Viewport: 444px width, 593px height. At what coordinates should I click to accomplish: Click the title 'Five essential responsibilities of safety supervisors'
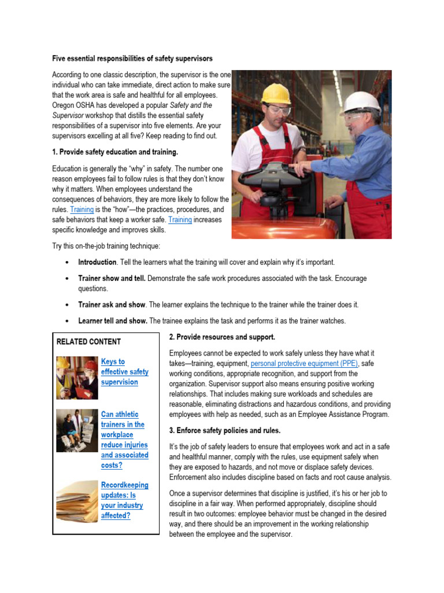pyautogui.click(x=132, y=58)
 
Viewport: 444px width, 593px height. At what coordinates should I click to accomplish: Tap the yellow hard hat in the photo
pyautogui.click(x=275, y=94)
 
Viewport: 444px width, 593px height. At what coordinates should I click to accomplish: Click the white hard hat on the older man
pyautogui.click(x=362, y=103)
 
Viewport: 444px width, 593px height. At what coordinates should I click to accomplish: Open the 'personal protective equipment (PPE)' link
pyautogui.click(x=305, y=364)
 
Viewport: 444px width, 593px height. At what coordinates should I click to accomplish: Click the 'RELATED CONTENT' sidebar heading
pyautogui.click(x=88, y=342)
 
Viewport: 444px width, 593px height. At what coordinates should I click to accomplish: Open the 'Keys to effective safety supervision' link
pyautogui.click(x=124, y=372)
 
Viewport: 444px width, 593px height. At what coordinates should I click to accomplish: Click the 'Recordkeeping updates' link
pyautogui.click(x=124, y=500)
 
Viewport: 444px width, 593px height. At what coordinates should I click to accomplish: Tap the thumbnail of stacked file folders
pyautogui.click(x=77, y=501)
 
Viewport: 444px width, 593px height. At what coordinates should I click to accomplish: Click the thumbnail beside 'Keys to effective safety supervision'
pyautogui.click(x=77, y=378)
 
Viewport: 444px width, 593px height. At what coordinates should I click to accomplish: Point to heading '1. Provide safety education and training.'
pyautogui.click(x=115, y=152)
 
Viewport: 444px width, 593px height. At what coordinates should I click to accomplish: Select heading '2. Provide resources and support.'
pyautogui.click(x=222, y=337)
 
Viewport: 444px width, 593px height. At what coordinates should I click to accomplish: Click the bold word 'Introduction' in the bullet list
pyautogui.click(x=97, y=262)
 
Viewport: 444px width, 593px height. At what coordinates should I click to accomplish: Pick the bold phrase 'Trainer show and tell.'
pyautogui.click(x=112, y=279)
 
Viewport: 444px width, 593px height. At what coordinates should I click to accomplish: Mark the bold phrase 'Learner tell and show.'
pyautogui.click(x=113, y=321)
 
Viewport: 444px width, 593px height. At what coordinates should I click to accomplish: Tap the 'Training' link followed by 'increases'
pyautogui.click(x=180, y=220)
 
